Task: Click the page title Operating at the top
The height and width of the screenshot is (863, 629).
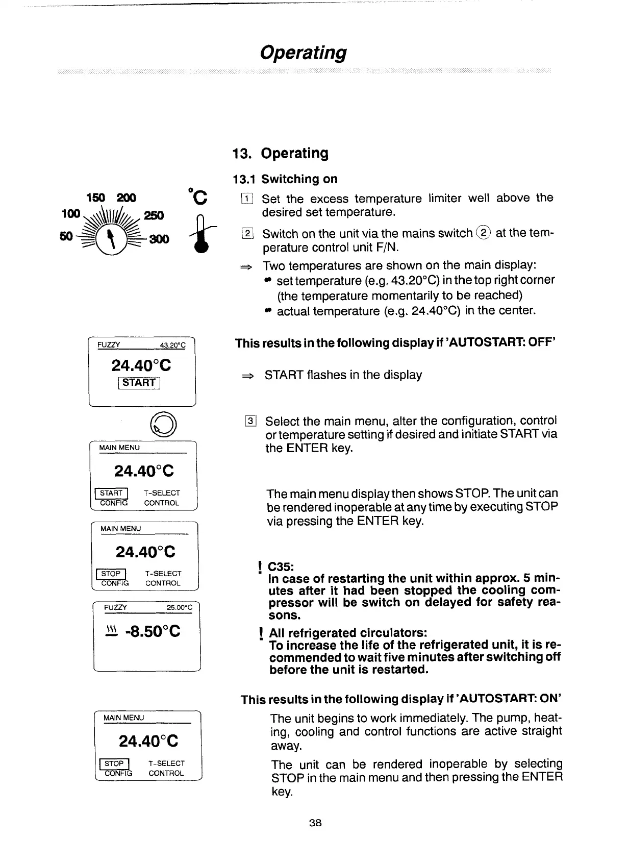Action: (x=303, y=53)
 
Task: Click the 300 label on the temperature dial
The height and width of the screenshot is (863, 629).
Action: (x=159, y=239)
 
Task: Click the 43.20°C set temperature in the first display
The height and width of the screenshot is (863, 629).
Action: (x=172, y=346)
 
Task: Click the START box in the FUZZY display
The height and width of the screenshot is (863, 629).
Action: (x=139, y=382)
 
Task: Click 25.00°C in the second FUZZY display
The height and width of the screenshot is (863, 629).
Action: (x=179, y=607)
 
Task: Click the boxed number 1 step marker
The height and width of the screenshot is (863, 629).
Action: (x=246, y=199)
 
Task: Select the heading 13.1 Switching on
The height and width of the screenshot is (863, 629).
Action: (x=285, y=179)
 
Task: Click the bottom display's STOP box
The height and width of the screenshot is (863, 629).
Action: (x=114, y=763)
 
